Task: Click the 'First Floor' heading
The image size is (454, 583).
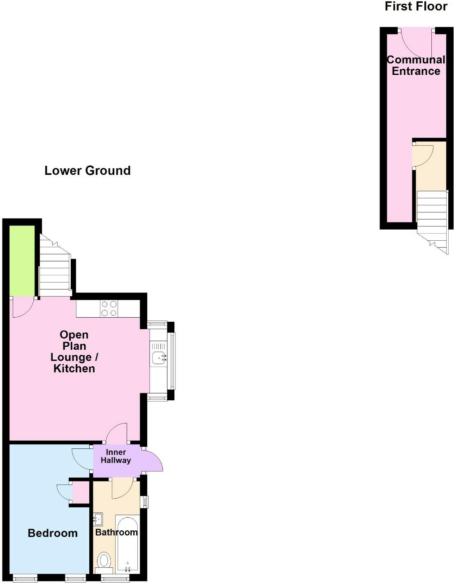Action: pos(416,6)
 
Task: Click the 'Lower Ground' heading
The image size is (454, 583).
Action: pos(87,170)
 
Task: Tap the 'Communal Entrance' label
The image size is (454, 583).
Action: pos(416,65)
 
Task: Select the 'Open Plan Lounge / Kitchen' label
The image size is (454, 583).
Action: pos(74,352)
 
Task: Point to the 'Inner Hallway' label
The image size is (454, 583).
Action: pos(116,456)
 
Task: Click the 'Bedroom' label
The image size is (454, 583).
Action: pos(53,533)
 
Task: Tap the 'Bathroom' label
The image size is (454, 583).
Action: pos(116,532)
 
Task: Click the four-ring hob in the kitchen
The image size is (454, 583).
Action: pos(109,309)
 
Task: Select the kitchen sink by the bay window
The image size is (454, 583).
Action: pos(158,358)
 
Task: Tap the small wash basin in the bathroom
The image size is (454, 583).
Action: pos(98,519)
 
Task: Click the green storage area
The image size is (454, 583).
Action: pos(22,260)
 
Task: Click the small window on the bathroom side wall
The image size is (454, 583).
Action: pos(144,502)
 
